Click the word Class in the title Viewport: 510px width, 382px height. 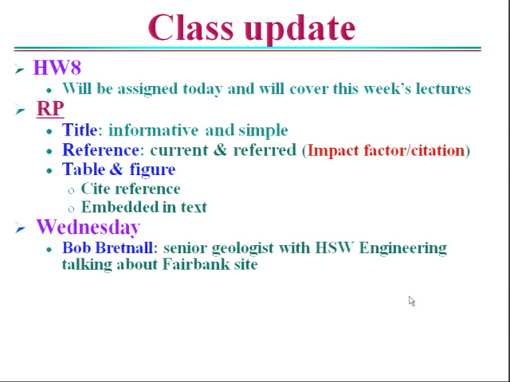(x=191, y=27)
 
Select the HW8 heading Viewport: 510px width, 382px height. (x=57, y=68)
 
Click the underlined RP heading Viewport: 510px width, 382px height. (x=50, y=108)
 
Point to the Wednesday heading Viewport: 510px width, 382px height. (x=88, y=227)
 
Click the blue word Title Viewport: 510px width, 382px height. (x=80, y=130)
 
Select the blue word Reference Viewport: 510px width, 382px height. (x=101, y=150)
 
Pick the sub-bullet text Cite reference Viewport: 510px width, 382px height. (x=131, y=189)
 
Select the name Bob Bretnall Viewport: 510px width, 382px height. (x=108, y=248)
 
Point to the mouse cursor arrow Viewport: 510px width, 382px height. (x=412, y=301)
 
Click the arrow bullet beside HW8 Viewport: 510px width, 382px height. (x=19, y=69)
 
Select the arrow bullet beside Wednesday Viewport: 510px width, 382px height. (x=20, y=228)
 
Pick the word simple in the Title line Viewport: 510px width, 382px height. (x=263, y=131)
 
